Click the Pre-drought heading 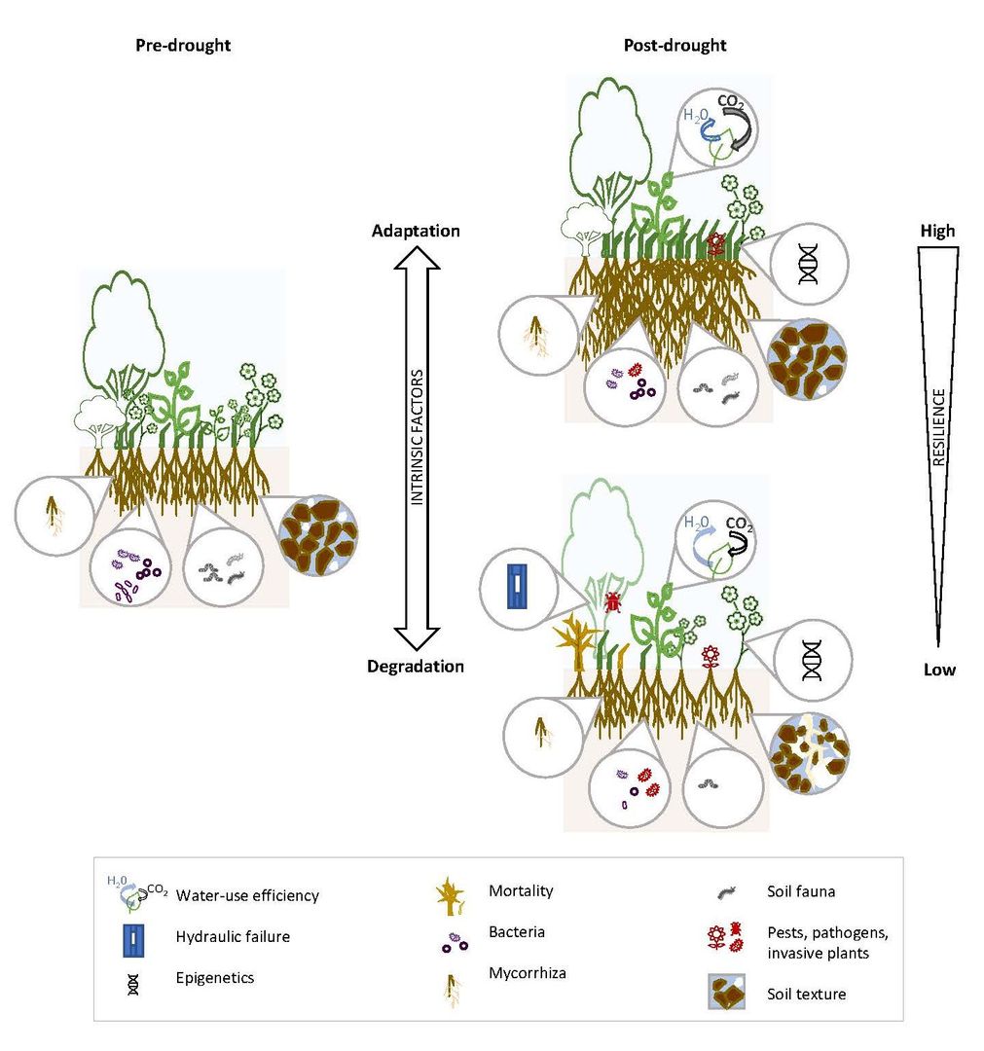(183, 46)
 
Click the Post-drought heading (674, 46)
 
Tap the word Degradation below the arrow (416, 667)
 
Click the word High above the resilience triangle (937, 231)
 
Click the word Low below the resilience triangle (937, 670)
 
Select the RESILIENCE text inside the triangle (938, 426)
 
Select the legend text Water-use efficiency (247, 895)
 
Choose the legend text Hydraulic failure (233, 937)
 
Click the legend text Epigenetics (215, 977)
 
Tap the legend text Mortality (520, 890)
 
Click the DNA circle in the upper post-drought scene (808, 267)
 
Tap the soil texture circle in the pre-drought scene (318, 533)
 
